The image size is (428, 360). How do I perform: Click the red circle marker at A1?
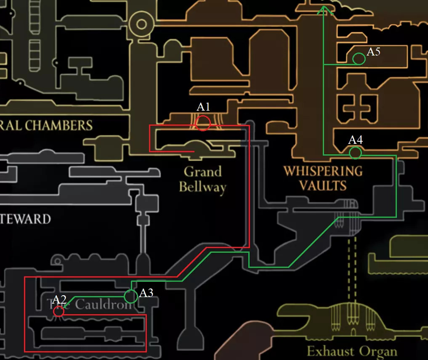203,123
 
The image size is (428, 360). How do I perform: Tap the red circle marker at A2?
58,311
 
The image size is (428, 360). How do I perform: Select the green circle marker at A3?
131,296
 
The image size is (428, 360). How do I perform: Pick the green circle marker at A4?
355,153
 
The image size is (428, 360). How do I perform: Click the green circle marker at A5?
359,59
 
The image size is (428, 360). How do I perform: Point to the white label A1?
203,107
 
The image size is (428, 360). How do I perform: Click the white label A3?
146,293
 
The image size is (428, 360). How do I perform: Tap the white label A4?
356,140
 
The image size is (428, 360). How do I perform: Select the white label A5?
374,52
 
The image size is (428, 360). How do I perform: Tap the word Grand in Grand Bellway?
203,172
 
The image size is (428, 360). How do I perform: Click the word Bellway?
202,187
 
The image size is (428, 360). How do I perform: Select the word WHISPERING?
323,171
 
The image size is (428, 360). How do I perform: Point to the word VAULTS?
323,185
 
